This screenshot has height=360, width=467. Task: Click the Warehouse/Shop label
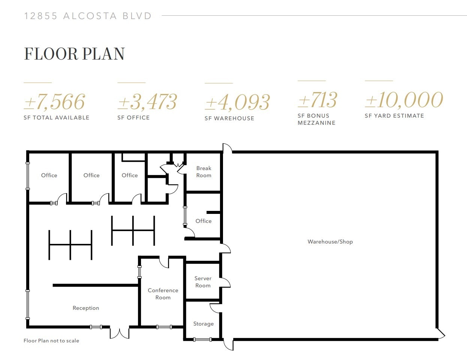pos(330,242)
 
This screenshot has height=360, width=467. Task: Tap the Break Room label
pos(204,172)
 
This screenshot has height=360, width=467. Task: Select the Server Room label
pos(203,282)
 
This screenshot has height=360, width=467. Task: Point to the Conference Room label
pos(163,294)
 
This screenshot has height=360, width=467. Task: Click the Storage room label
pos(203,324)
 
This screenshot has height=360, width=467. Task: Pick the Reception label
pos(86,308)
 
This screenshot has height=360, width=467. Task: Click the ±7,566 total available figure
pos(54,102)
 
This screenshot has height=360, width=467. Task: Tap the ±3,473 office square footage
pos(147,102)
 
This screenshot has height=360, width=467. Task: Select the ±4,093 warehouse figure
pos(237,102)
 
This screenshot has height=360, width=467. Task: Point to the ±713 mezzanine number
pos(317,100)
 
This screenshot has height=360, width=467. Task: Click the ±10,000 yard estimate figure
pos(404,100)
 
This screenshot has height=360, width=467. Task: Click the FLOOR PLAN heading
pos(74,54)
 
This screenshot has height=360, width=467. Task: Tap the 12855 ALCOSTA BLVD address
pos(88,16)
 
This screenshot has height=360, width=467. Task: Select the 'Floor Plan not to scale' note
pos(51,341)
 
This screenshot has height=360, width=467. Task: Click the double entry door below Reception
pos(120,333)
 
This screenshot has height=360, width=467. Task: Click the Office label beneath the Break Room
pos(203,221)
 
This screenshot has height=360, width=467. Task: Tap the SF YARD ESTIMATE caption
pos(394,116)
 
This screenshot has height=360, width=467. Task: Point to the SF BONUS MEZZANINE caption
pos(316,119)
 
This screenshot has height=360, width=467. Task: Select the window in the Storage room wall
pos(202,340)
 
